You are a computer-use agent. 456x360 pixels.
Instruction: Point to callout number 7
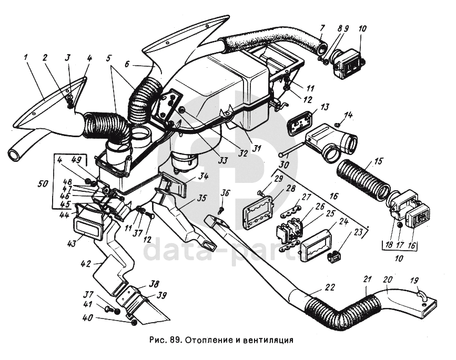322,27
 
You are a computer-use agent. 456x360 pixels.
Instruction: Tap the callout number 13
325,107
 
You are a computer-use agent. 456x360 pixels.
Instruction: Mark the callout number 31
256,149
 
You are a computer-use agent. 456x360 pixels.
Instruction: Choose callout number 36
225,193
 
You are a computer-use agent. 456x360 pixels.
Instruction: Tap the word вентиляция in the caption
266,340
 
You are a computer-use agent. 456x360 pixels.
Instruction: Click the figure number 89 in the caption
175,340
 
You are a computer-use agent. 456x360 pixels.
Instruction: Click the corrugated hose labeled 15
363,179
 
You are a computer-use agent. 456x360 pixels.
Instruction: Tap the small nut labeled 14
337,124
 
